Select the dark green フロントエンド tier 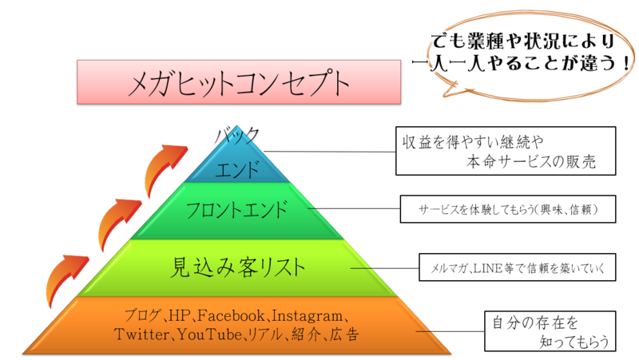pyautogui.click(x=240, y=211)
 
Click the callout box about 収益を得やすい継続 pyautogui.click(x=506, y=151)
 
